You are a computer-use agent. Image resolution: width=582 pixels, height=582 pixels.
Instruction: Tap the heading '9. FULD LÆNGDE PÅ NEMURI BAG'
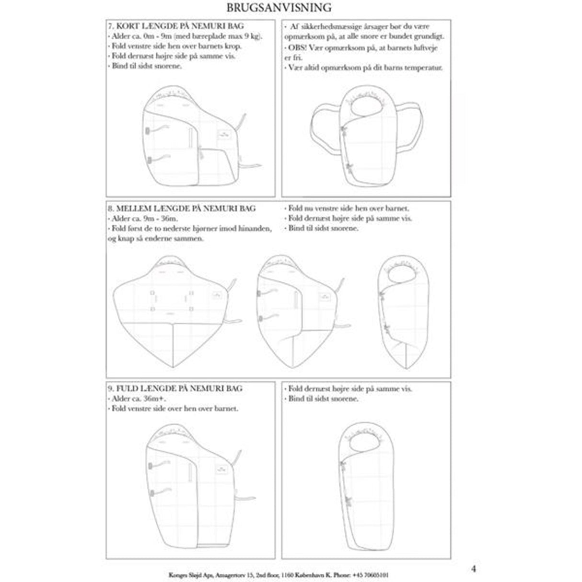click(175, 388)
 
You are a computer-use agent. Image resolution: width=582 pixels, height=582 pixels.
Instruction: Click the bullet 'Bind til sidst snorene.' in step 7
click(147, 66)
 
